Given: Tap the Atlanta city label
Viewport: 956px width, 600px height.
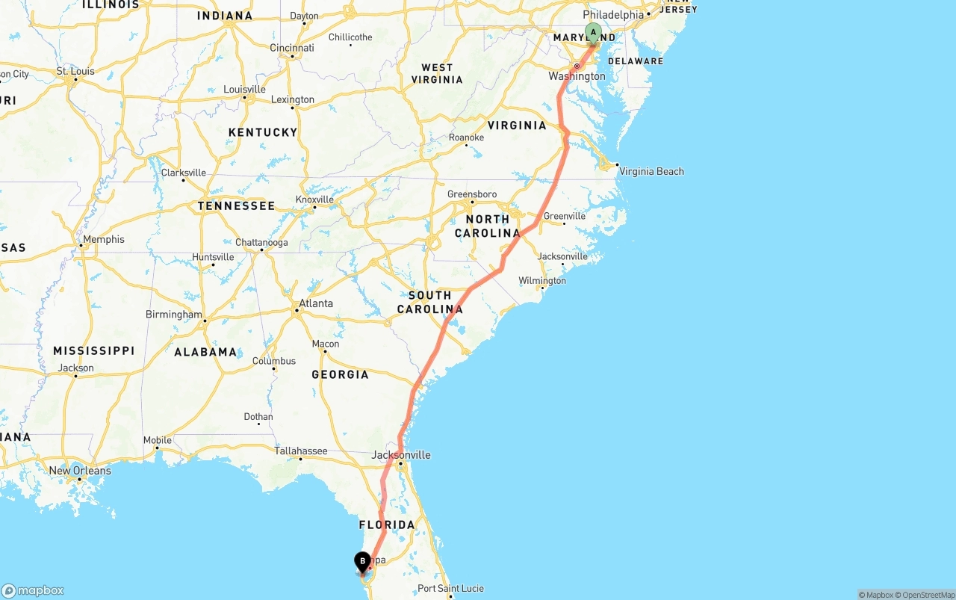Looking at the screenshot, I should tap(315, 303).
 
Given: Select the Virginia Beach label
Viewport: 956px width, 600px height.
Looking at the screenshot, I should tap(651, 171).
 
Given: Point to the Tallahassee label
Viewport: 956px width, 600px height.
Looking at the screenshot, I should tap(301, 451).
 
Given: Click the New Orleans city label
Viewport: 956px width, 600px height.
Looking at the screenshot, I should tap(80, 471).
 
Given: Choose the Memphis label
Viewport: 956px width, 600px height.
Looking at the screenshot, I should tap(104, 239).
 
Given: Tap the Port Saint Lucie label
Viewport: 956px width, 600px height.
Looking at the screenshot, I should tap(450, 588).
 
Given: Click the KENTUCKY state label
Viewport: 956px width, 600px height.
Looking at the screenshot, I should tap(263, 132).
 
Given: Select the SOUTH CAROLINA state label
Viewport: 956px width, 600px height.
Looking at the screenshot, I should tap(429, 302).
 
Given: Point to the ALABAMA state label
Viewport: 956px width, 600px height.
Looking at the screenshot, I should tap(205, 352).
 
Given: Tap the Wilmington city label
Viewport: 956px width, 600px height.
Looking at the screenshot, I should tap(542, 281).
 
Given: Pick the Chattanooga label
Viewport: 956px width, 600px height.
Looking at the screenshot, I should tap(261, 242).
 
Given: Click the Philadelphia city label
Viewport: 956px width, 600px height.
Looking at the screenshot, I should tap(612, 15).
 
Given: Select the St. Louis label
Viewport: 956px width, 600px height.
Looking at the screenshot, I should tap(75, 71).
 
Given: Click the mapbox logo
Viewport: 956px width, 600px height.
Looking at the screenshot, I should tap(33, 590).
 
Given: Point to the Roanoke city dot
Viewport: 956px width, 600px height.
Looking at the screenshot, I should tap(467, 145).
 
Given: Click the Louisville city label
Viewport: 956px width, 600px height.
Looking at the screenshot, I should tap(244, 90).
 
